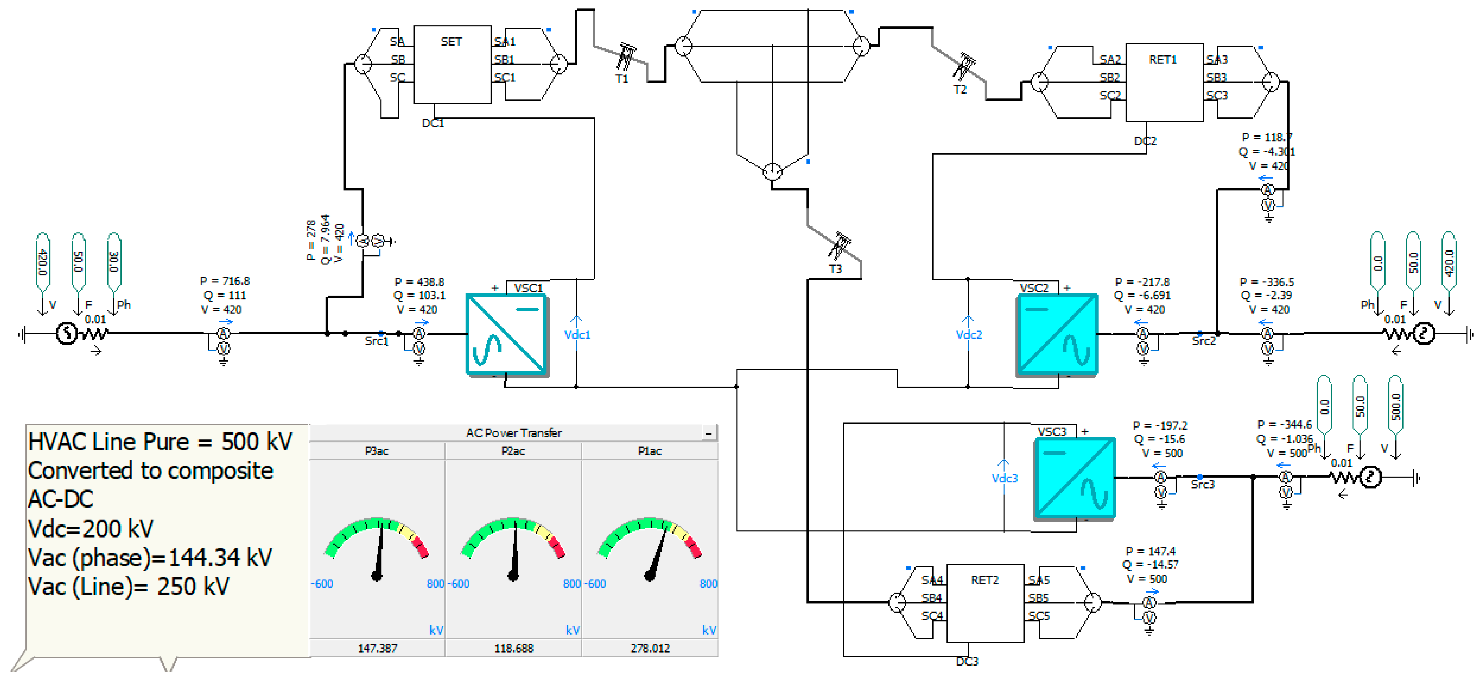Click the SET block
tap(452, 65)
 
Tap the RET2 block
tap(985, 603)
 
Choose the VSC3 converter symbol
tap(1075, 478)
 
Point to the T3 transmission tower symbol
tap(839, 246)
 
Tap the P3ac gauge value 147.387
tap(377, 648)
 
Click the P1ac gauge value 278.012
tap(650, 648)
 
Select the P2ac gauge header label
tap(513, 451)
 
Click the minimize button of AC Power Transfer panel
tap(709, 433)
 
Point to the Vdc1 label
tap(577, 335)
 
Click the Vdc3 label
tap(1005, 478)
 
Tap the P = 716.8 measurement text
tap(225, 281)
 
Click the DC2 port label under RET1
tap(1145, 141)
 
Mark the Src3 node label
tap(1202, 485)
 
